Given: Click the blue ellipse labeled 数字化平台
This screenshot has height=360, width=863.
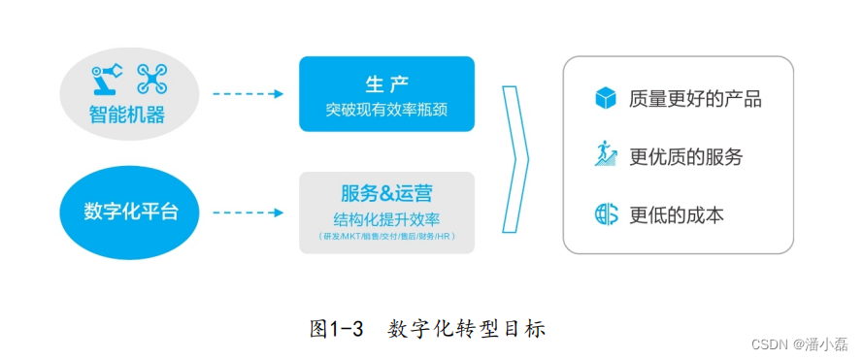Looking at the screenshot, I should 131,212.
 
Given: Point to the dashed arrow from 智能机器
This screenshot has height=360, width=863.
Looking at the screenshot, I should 248,94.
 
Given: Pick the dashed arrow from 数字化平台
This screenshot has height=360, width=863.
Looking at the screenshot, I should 248,212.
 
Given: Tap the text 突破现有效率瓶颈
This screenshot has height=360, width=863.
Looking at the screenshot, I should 386,109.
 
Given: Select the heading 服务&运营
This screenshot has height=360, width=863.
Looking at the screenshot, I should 386,191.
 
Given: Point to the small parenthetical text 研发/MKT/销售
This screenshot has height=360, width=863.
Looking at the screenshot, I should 386,237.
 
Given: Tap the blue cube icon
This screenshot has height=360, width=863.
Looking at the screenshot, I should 606,98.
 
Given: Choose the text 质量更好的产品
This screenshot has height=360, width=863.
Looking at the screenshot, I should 695,99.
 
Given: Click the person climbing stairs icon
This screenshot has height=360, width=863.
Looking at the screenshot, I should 606,154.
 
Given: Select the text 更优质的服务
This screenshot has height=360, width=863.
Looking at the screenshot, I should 685,156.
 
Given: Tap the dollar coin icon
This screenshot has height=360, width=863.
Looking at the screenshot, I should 606,213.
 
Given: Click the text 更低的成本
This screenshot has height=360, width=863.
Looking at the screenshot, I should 676,214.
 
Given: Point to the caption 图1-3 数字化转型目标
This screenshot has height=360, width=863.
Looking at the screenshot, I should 427,328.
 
